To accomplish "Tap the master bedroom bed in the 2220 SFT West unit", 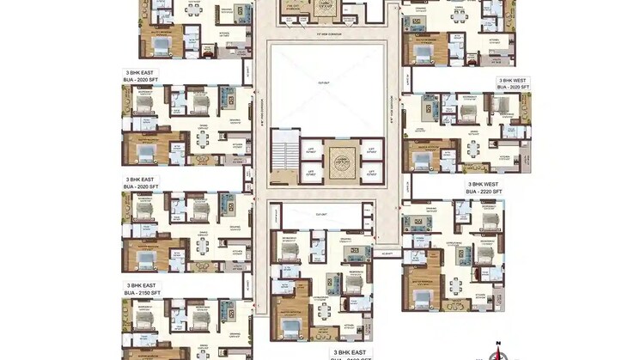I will point(423,297).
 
